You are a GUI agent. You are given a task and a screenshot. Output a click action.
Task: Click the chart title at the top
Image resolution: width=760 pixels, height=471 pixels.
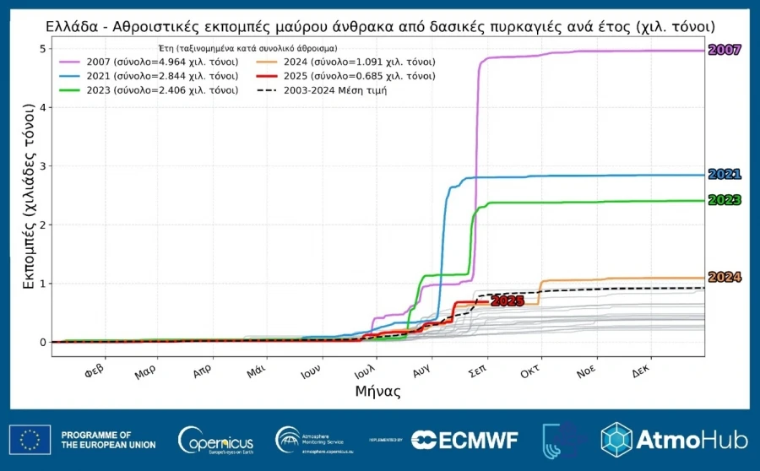point(380,27)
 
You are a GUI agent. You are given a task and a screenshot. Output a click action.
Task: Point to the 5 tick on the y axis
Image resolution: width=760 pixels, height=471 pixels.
point(41,49)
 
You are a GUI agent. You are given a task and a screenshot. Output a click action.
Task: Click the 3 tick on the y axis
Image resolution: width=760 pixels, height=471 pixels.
point(41,166)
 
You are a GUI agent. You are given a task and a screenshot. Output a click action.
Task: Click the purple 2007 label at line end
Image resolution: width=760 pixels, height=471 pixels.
point(724,51)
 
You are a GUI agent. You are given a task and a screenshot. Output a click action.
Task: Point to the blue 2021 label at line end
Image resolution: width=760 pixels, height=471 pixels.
point(724,175)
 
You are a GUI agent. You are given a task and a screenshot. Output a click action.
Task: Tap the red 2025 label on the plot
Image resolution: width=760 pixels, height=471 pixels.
point(508,300)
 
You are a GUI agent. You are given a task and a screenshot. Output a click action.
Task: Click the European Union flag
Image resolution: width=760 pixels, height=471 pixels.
point(30,440)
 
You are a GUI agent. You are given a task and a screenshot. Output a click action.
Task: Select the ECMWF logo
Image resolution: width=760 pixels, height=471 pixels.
point(464,440)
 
